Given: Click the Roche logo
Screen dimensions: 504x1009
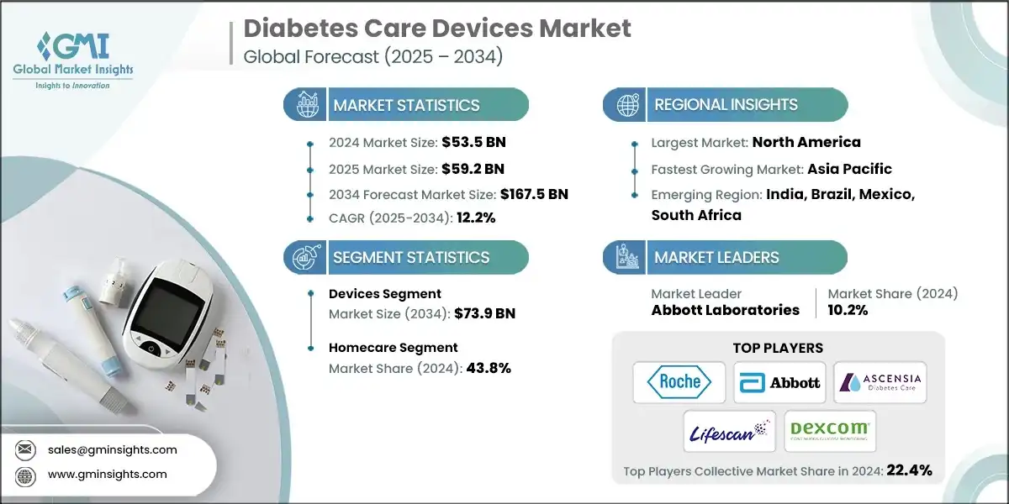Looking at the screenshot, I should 680,382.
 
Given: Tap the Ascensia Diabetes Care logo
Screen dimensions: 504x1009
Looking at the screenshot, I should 880,382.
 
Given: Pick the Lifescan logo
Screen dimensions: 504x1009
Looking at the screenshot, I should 729,431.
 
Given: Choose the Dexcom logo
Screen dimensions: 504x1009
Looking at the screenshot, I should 830,431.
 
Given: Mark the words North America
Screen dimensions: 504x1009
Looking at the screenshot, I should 806,142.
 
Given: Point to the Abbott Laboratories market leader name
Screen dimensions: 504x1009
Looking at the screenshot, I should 726,310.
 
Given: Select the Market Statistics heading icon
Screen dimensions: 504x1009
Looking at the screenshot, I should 304,105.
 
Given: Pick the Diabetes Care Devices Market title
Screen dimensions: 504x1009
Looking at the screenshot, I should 436,29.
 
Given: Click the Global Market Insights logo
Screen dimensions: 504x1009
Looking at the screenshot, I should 73,59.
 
